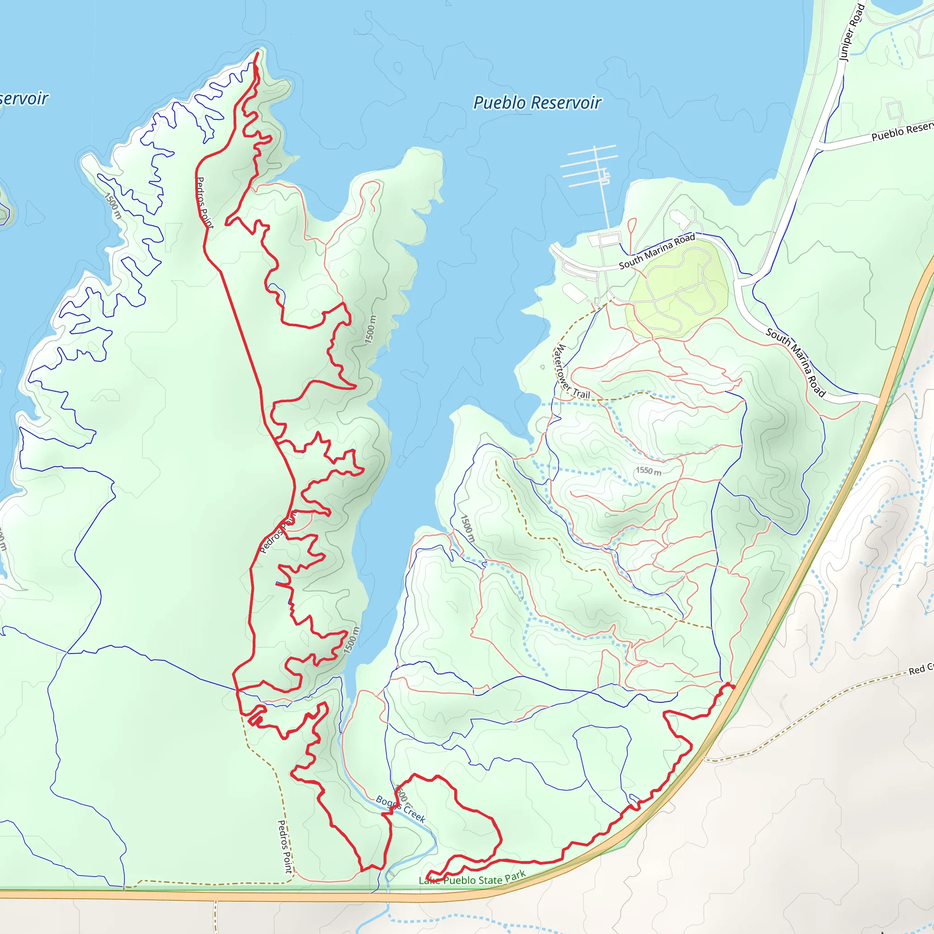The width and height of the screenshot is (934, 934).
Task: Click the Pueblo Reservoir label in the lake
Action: coord(537,103)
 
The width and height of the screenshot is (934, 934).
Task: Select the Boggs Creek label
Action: coord(400,809)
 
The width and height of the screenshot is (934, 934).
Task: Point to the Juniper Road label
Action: coord(852,32)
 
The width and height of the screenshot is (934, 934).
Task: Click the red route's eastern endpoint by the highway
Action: coord(733,687)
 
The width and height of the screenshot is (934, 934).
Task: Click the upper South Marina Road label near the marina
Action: coord(657,251)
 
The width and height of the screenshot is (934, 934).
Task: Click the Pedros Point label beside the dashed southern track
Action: coord(285,846)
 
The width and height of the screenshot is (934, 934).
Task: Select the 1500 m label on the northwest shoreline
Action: coord(113,206)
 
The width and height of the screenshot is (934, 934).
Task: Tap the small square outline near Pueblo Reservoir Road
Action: coord(894,110)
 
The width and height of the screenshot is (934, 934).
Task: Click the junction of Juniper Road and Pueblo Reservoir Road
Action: coord(819,144)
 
